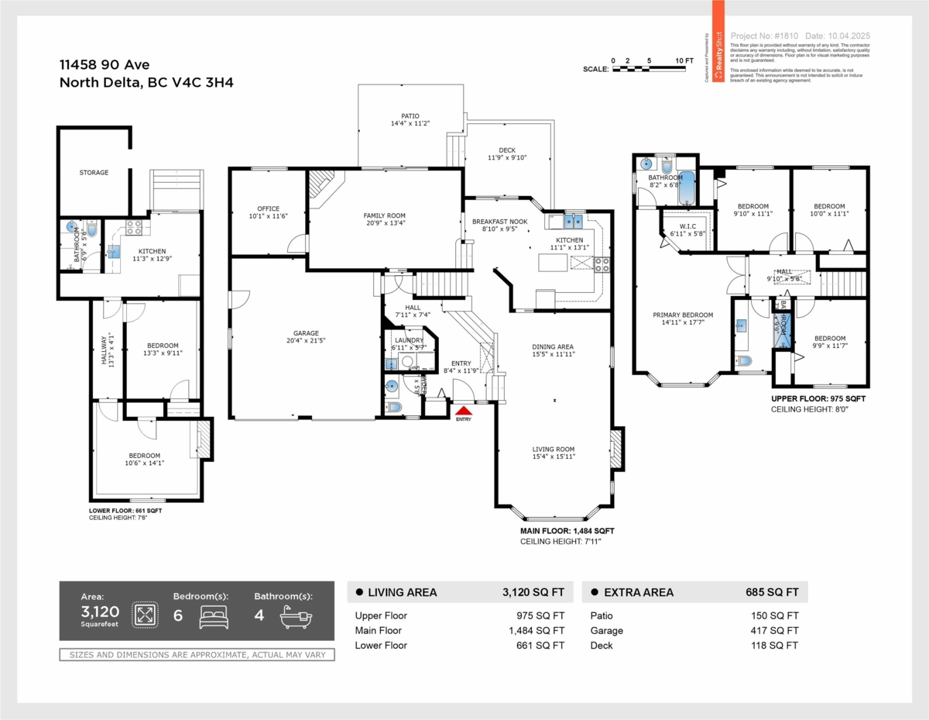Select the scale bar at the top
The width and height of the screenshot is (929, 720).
pyautogui.click(x=649, y=69)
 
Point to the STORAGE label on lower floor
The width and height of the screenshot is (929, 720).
pyautogui.click(x=94, y=173)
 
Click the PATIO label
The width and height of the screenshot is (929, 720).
pyautogui.click(x=410, y=116)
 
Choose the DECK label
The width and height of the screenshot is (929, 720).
pyautogui.click(x=507, y=150)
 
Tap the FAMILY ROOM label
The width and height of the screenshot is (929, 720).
pyautogui.click(x=385, y=216)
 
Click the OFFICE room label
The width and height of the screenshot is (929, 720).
pyautogui.click(x=268, y=208)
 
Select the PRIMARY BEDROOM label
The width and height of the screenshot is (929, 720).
pyautogui.click(x=682, y=315)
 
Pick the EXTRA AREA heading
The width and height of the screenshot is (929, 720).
pyautogui.click(x=639, y=592)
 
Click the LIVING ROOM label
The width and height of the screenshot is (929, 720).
pyautogui.click(x=553, y=450)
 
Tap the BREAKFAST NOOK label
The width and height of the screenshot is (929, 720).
pyautogui.click(x=499, y=222)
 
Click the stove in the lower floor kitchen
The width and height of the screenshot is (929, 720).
pyautogui.click(x=133, y=227)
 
